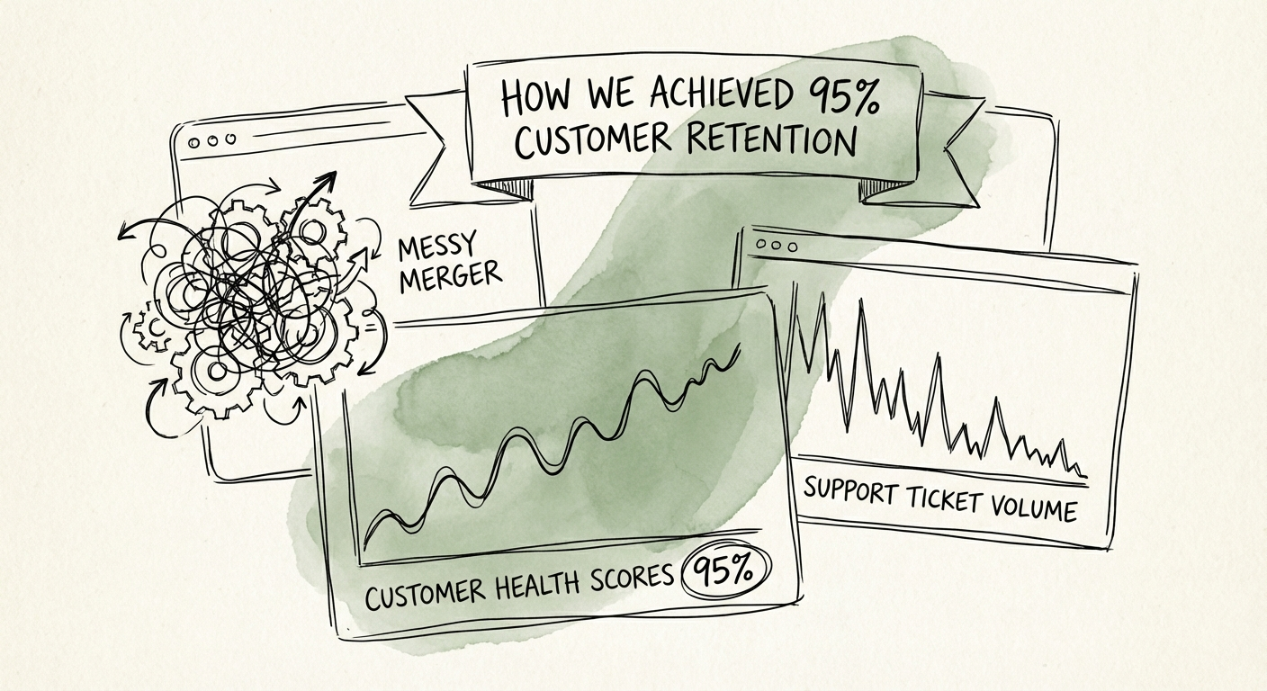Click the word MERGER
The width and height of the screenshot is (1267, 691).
pos(449,276)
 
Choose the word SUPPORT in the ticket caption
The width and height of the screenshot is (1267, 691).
pos(850,491)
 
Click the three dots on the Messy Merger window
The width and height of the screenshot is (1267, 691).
pos(210,141)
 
